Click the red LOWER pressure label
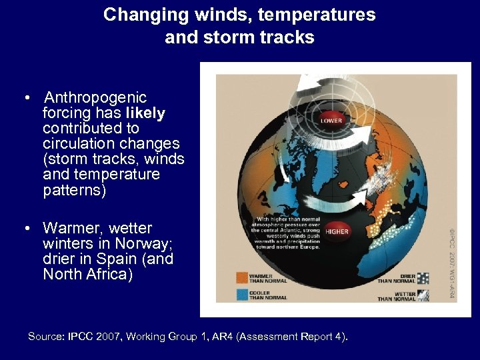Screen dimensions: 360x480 [x=331, y=121]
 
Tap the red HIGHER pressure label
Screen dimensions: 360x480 [x=337, y=231]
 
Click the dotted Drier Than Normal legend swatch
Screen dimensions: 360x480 [x=423, y=277]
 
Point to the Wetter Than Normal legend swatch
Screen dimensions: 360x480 [x=423, y=294]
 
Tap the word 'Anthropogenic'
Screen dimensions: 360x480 [x=94, y=97]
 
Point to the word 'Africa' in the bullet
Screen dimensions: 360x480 [x=108, y=274]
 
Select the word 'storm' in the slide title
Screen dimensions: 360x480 [x=217, y=37]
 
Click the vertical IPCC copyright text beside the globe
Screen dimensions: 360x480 [x=453, y=264]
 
